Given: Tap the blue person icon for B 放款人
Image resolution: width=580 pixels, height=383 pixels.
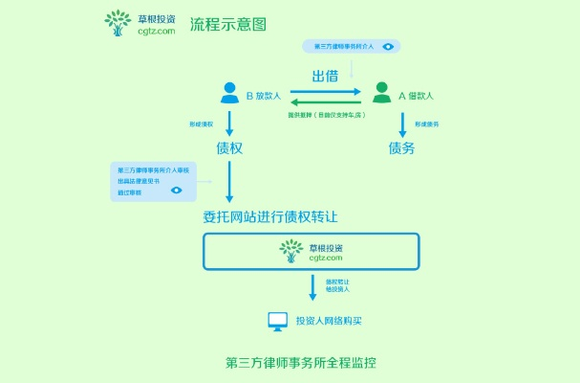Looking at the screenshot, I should point(229,93).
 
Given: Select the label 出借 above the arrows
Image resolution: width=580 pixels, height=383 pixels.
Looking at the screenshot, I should point(325,77).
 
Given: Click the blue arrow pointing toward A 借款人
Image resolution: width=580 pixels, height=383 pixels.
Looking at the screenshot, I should point(325,92).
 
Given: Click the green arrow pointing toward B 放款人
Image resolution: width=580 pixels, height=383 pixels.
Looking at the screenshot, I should point(325,102).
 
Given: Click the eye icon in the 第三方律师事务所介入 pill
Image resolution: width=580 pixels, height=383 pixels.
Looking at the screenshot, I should point(388,45).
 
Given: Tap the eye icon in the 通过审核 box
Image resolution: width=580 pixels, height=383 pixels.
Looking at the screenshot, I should point(176,191).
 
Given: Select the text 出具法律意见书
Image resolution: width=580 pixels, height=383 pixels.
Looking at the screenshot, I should point(139,181).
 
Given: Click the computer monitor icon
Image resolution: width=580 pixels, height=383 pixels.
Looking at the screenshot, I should point(277,322).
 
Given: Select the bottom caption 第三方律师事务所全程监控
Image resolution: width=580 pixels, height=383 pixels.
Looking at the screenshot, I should point(301,363).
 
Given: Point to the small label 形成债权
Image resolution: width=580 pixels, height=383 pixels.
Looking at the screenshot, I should point(201,124).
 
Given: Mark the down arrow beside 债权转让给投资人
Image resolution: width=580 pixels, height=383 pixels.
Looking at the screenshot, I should point(312,286).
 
